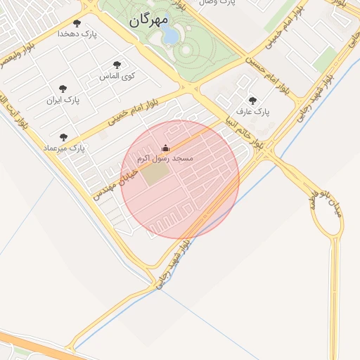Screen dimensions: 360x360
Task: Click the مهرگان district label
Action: click(149, 21)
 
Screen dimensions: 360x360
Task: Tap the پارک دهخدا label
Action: click(77, 33)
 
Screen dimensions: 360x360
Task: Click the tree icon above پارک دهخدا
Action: click(77, 23)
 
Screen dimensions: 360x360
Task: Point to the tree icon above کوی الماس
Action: click(117, 65)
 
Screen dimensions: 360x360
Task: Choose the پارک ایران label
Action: click(63, 100)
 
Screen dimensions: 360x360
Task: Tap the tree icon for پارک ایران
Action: click(63, 89)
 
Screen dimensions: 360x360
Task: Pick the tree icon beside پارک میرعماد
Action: click(64, 138)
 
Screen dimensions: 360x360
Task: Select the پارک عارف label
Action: click(252, 111)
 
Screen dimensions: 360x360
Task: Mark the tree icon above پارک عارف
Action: click(252, 101)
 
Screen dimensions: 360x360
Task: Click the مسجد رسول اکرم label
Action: click(166, 159)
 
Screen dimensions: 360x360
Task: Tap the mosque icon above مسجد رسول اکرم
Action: click(166, 148)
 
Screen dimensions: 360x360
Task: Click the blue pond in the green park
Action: click(171, 35)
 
